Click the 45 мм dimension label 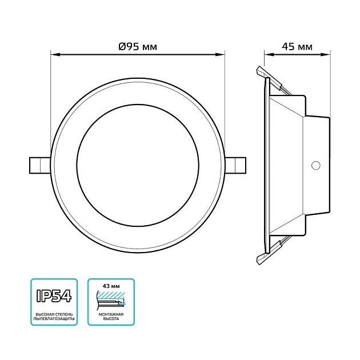(x=297, y=47)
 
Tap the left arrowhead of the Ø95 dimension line (x=54, y=55)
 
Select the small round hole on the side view (x=314, y=166)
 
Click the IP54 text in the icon (x=54, y=295)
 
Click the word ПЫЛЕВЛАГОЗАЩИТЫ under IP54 (x=54, y=318)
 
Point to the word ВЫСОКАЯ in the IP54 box (x=43, y=313)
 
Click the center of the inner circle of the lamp (x=137, y=164)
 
